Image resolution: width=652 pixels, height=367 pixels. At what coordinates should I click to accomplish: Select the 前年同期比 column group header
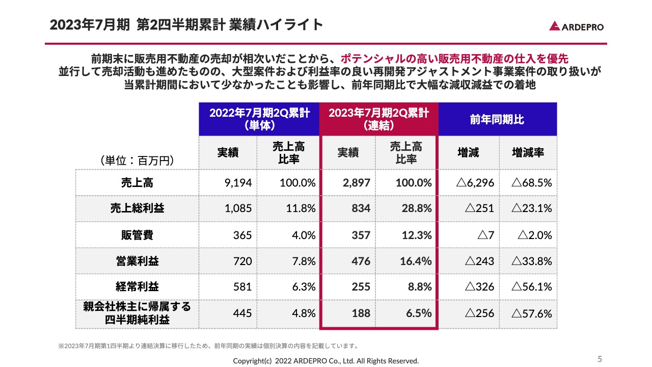(x=497, y=119)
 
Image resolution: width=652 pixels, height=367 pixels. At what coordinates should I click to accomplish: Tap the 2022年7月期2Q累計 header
(x=259, y=119)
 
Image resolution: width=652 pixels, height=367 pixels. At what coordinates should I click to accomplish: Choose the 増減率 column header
(x=528, y=152)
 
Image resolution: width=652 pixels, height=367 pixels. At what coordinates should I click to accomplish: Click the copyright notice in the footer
(x=325, y=361)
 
